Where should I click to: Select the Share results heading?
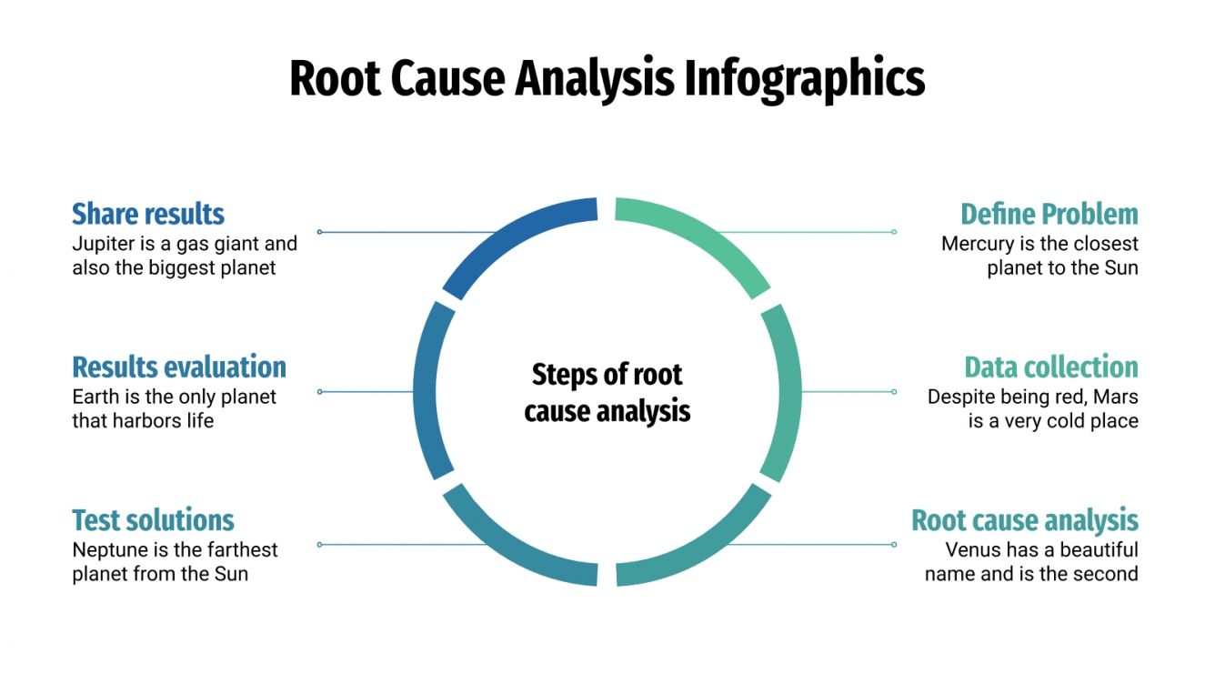[x=147, y=214]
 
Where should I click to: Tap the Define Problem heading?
[x=1049, y=214]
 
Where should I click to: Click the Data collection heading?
[x=1050, y=367]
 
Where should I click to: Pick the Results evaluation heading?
[x=178, y=367]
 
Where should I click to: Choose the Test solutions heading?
[x=153, y=520]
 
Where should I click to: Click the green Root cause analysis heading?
[x=1024, y=520]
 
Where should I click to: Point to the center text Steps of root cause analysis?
[x=607, y=392]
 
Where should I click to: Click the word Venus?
[x=974, y=549]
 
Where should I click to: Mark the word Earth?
[x=94, y=397]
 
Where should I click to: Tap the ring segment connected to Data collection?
[x=784, y=392]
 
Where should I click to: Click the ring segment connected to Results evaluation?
[x=430, y=392]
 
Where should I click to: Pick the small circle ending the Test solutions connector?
[x=319, y=545]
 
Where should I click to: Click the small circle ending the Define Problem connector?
[x=894, y=232]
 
